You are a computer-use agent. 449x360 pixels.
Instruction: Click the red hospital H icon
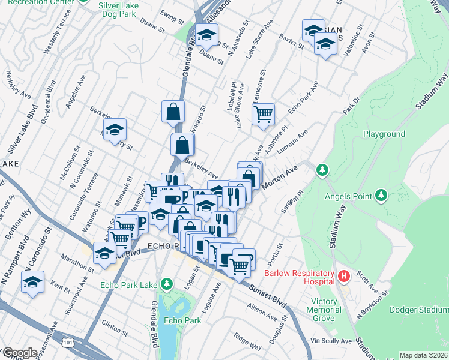[344, 277]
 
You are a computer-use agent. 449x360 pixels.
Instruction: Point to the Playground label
[384, 134]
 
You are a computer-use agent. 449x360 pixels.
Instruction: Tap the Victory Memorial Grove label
[327, 310]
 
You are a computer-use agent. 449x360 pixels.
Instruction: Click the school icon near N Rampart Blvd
[33, 281]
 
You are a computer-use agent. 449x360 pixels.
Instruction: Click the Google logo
[20, 353]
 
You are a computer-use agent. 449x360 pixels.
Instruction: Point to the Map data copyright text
[423, 355]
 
